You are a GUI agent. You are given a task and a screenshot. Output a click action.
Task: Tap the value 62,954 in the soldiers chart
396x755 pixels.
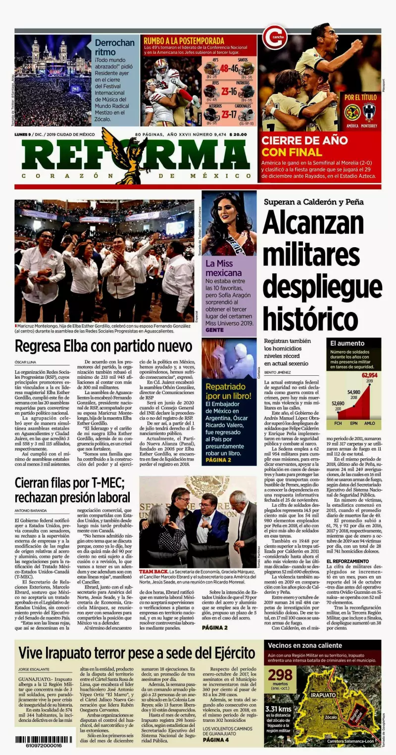(x=369, y=375)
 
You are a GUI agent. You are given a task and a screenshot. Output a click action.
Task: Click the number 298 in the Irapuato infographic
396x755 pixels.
(x=280, y=674)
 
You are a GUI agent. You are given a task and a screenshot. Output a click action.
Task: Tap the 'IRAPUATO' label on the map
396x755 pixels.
(x=323, y=694)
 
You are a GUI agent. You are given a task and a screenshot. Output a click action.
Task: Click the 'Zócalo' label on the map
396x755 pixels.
(x=331, y=716)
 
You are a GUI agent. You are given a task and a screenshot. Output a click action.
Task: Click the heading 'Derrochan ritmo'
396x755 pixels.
(x=114, y=47)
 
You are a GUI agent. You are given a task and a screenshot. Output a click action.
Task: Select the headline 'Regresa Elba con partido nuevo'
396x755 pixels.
(x=103, y=346)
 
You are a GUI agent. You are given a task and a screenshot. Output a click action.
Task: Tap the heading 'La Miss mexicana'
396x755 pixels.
(x=224, y=268)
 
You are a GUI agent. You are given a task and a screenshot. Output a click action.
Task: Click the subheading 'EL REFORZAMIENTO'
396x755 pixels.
(x=347, y=562)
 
